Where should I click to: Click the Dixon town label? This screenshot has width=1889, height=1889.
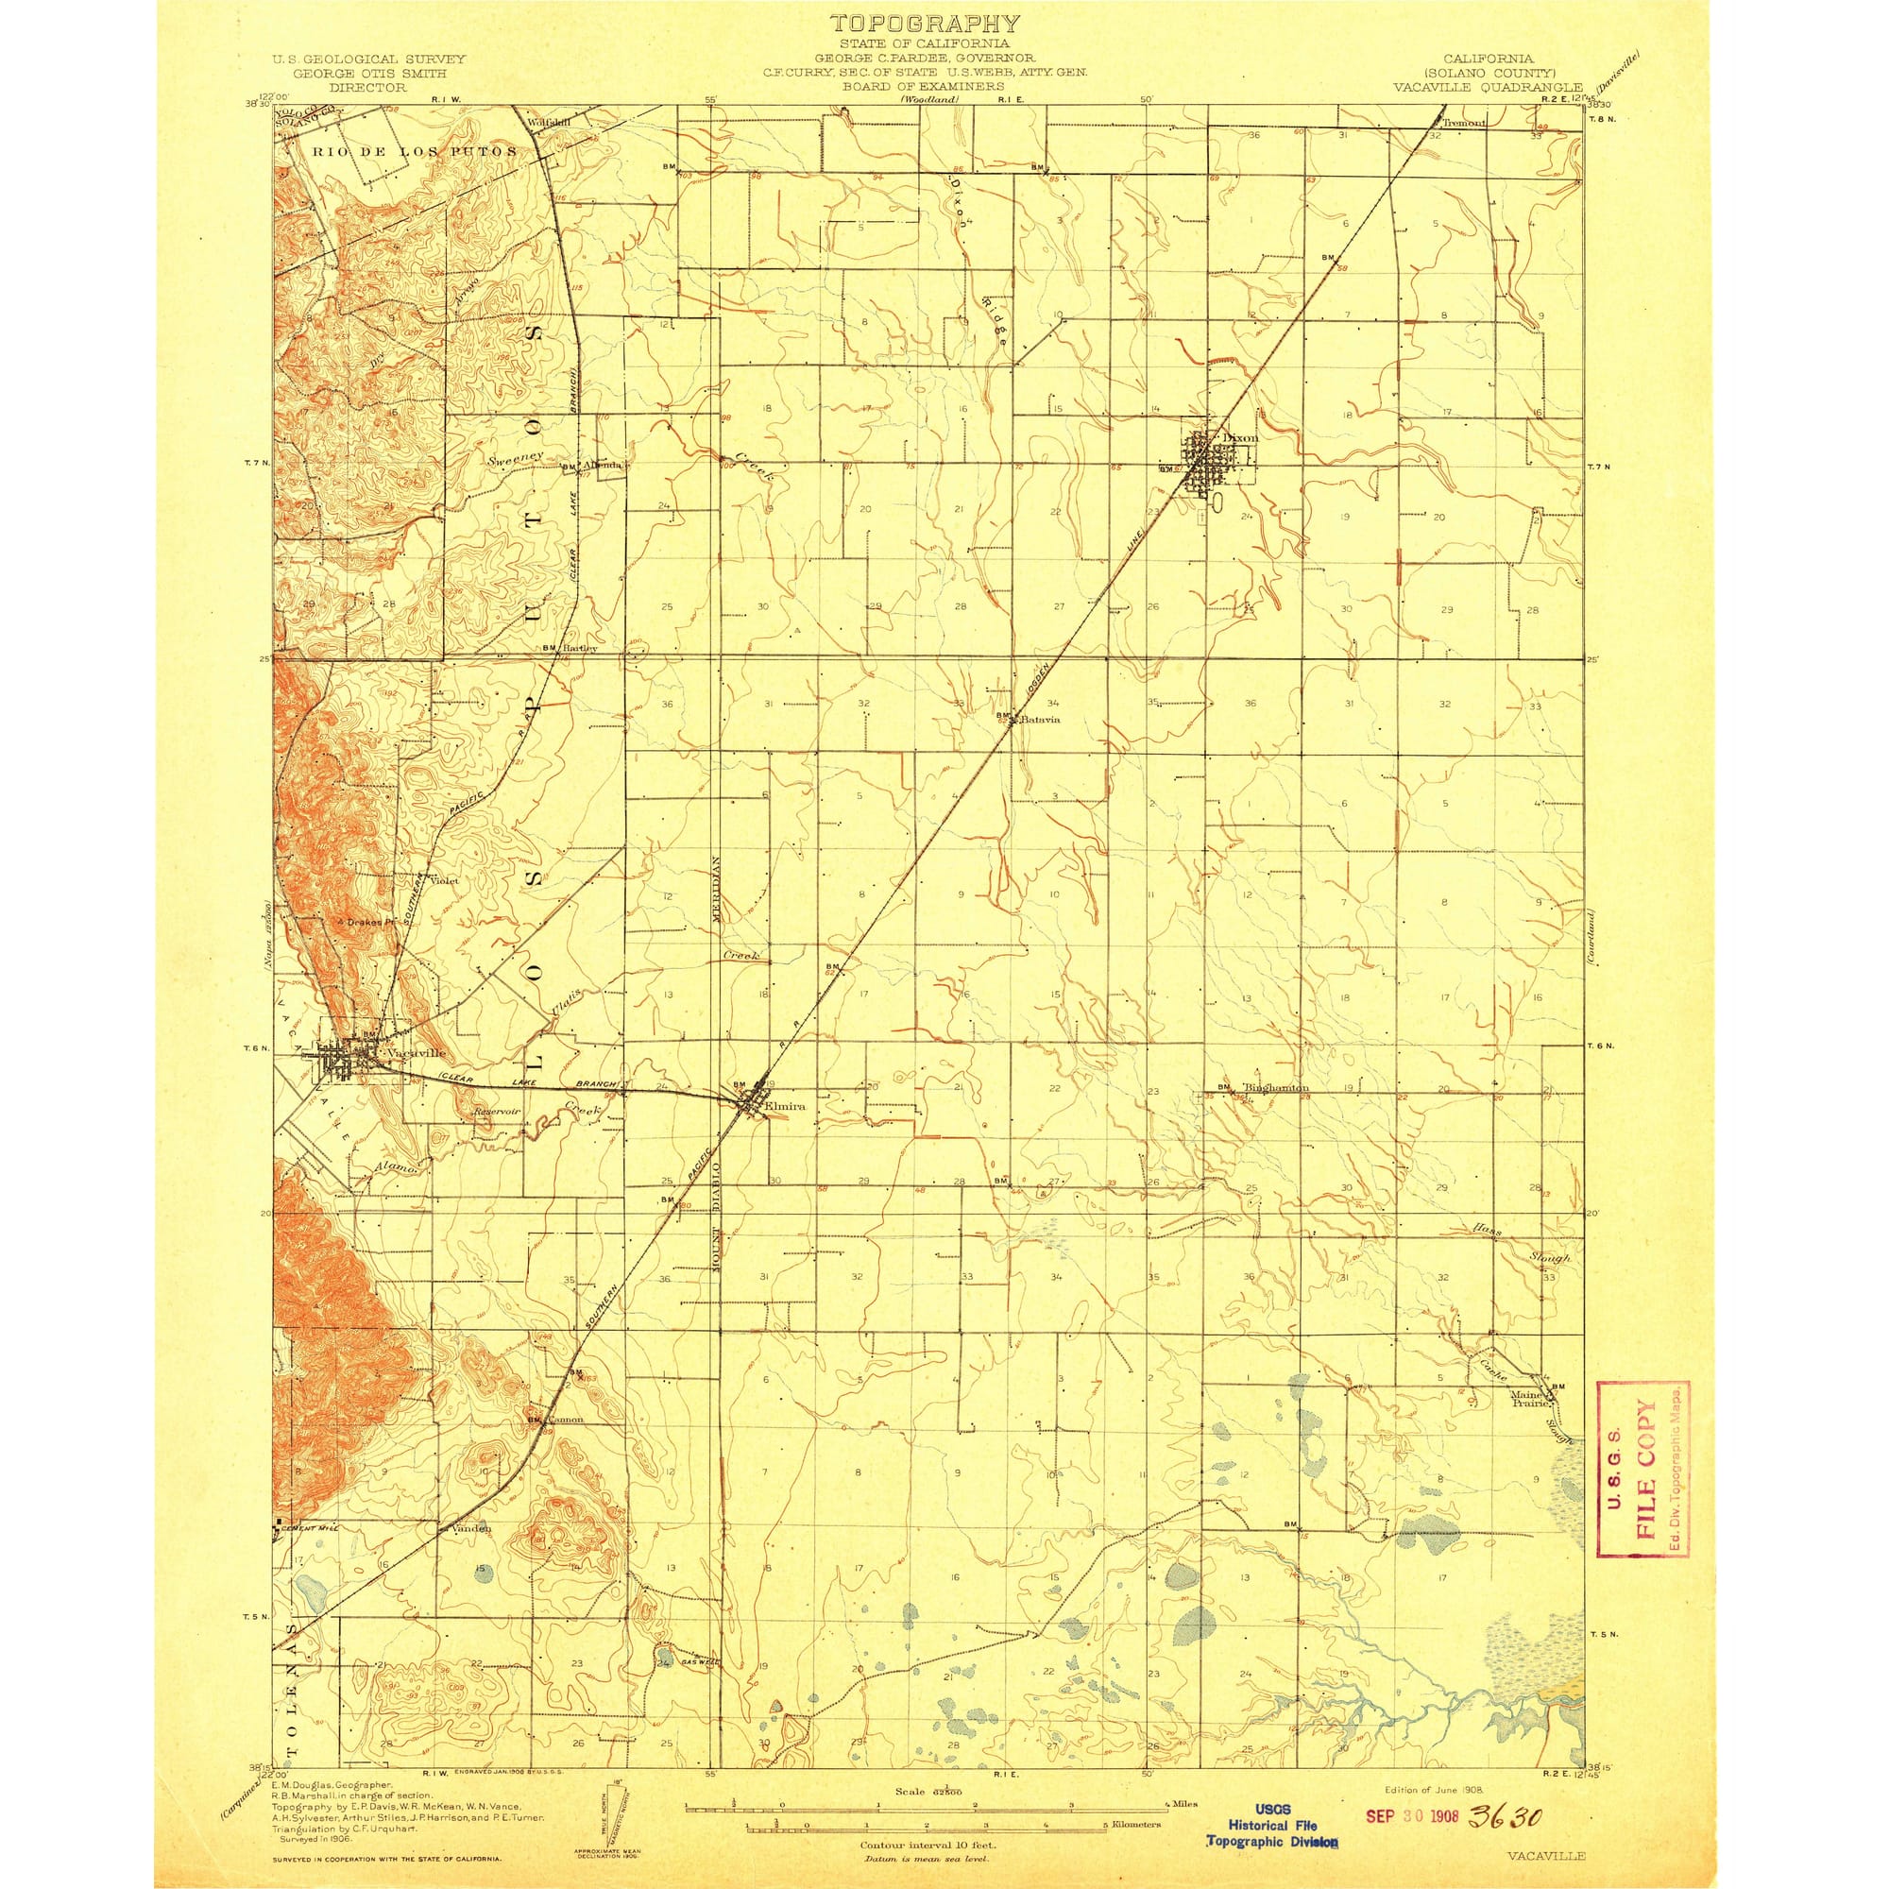1240,438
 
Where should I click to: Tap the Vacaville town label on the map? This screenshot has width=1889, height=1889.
416,1053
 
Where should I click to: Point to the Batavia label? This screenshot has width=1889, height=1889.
1039,720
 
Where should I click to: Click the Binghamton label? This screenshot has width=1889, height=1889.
1275,1087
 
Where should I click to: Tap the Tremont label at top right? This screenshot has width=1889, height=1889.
1465,123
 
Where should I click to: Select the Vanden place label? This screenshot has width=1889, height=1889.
470,1555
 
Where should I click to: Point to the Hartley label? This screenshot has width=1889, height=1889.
579,647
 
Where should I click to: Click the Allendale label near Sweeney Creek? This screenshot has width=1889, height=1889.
603,466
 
